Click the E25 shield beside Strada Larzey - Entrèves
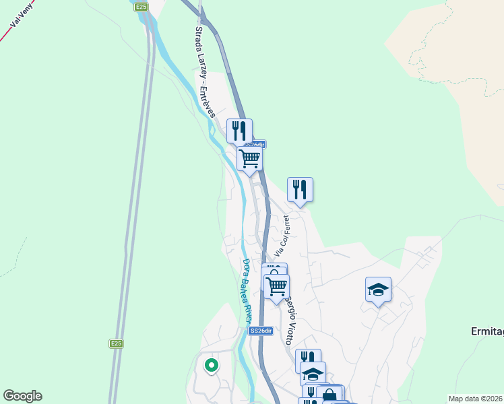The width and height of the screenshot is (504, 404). [x=141, y=7]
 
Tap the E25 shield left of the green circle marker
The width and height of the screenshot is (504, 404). [x=117, y=343]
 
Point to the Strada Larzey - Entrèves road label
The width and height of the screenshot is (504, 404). [x=204, y=71]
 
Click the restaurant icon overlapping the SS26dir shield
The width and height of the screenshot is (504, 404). [x=239, y=130]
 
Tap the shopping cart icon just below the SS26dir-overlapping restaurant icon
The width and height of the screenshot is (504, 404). [x=249, y=158]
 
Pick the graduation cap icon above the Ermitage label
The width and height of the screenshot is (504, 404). [x=378, y=289]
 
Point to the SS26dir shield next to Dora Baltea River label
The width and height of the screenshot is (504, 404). [x=261, y=331]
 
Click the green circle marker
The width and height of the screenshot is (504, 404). [x=211, y=366]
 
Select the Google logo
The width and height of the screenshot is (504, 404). [x=22, y=396]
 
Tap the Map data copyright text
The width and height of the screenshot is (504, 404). [x=476, y=399]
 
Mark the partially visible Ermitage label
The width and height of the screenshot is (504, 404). [x=486, y=332]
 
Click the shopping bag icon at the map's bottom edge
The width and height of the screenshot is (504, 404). [x=329, y=394]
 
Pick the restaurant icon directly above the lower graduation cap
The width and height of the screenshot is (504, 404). [x=308, y=358]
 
